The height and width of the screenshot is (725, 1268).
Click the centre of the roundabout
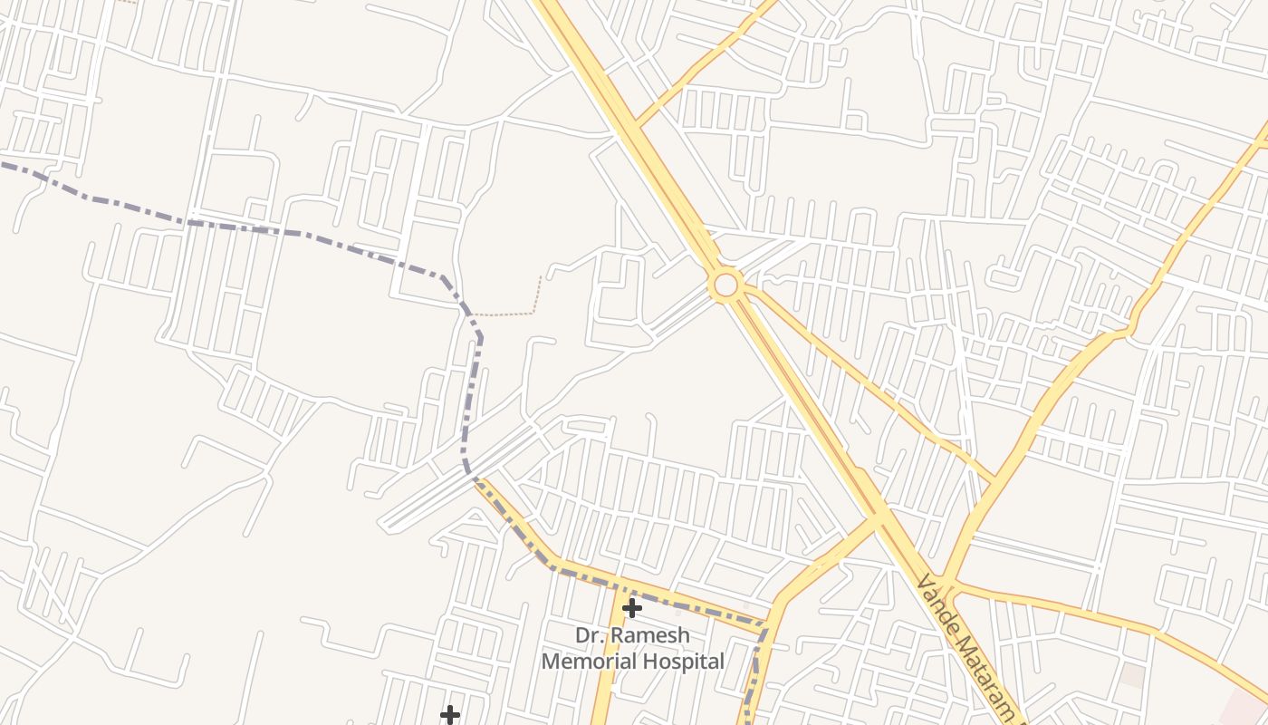click(725, 285)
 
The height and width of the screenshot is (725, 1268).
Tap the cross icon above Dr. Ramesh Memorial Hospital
click(632, 607)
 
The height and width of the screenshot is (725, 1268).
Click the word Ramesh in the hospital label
click(650, 635)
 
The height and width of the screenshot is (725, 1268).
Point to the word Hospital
click(686, 662)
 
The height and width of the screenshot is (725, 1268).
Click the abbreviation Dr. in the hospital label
click(591, 635)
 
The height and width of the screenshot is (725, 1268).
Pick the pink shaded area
click(1245, 707)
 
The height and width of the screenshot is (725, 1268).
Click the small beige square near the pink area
click(1132, 675)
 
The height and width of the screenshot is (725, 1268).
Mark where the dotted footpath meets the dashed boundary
click(470, 314)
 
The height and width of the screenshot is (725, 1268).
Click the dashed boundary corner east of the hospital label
click(765, 624)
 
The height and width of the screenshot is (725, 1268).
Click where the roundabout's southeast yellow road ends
click(994, 480)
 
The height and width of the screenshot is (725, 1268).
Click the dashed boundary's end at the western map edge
click(3, 165)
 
